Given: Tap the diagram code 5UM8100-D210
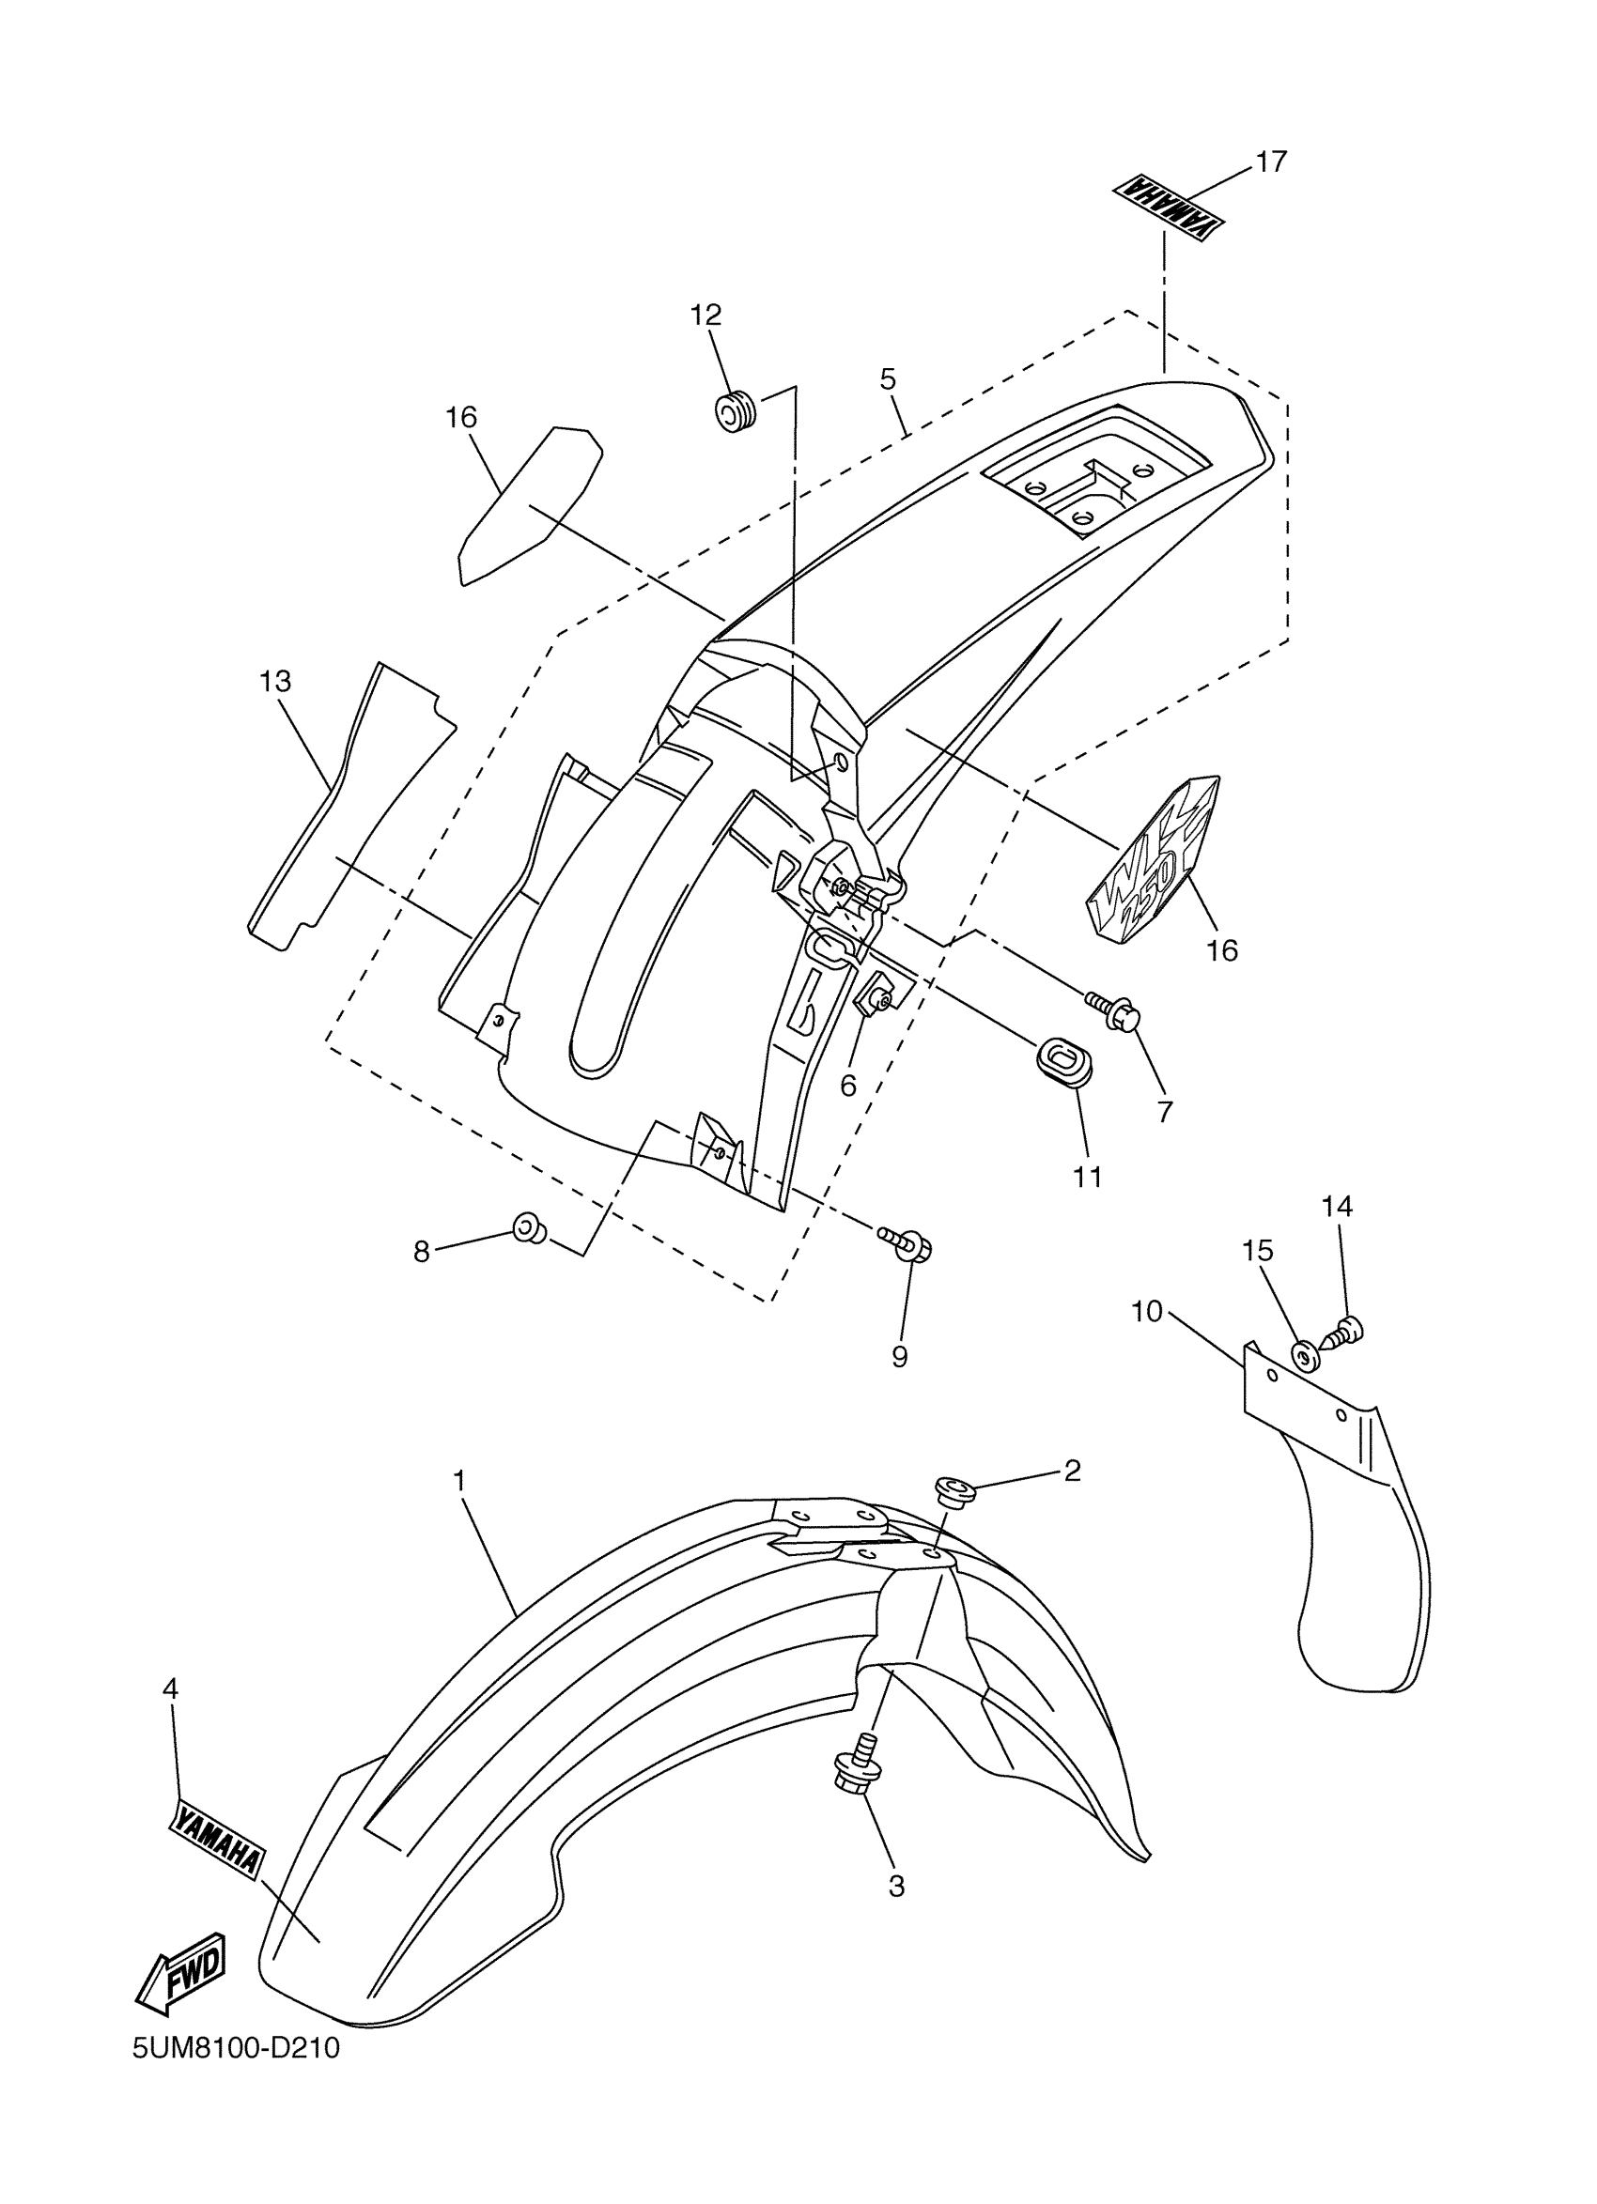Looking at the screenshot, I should (x=237, y=2074).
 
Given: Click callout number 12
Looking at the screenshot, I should (x=706, y=315).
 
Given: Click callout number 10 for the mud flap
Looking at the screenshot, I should (x=1147, y=1312).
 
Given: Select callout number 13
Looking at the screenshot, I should (x=275, y=681).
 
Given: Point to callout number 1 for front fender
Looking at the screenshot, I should (x=458, y=1481).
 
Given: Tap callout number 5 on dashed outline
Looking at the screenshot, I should (x=888, y=379).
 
